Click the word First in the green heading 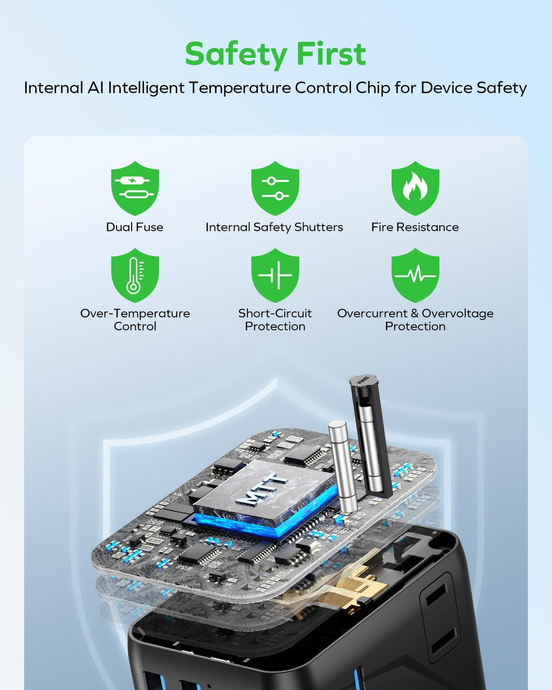tap(332, 53)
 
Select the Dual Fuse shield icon tap(135, 188)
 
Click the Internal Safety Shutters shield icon tap(275, 188)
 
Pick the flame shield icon tap(416, 188)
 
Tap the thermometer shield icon tap(135, 275)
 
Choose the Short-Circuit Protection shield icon tap(275, 275)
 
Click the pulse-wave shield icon tap(416, 275)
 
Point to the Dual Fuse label tap(135, 227)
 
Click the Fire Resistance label tap(415, 227)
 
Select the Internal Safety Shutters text tap(274, 227)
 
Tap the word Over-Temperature tap(135, 314)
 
